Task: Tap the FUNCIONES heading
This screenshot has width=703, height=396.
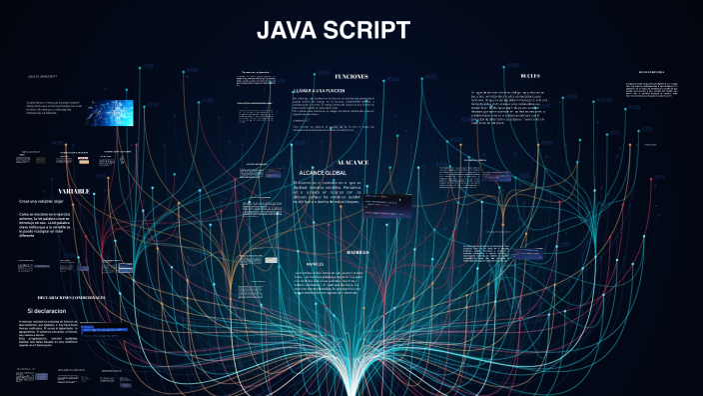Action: pos(351,76)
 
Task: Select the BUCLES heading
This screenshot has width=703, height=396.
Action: pos(530,76)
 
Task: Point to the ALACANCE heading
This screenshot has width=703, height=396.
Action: pos(351,161)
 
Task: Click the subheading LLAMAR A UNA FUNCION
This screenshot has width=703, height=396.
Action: pos(318,91)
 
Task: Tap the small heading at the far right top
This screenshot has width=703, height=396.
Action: pos(658,72)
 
